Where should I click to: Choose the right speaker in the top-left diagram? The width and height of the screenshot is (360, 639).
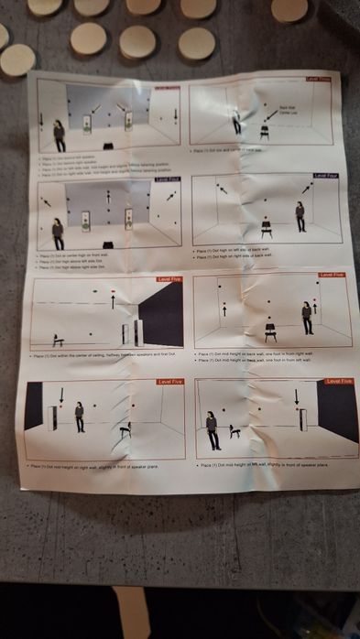128,122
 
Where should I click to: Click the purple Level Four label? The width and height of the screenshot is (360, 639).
325,175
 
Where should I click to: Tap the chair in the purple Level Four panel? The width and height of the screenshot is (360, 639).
267,227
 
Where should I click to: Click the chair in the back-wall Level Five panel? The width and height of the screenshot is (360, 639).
271,329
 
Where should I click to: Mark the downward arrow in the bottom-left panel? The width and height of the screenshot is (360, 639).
60,395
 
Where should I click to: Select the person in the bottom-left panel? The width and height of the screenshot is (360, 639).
80,417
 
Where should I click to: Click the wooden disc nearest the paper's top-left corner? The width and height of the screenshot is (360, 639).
16,60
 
